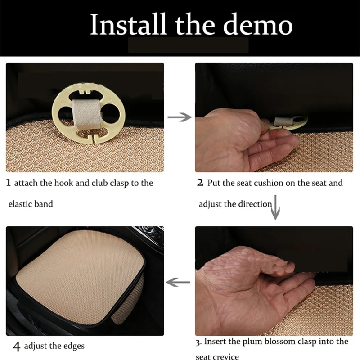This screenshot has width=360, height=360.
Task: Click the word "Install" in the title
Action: click(128, 24)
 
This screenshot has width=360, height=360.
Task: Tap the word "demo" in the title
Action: click(258, 25)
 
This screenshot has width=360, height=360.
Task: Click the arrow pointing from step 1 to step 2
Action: click(180, 117)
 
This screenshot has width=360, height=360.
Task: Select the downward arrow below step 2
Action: click(275, 207)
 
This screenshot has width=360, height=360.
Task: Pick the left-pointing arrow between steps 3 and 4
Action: click(178, 282)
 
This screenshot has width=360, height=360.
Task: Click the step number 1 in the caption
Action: click(9, 183)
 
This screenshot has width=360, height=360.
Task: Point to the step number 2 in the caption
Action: click(200, 183)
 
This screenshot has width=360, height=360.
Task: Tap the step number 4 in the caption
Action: click(17, 346)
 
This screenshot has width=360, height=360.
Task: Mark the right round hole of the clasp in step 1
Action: click(111, 113)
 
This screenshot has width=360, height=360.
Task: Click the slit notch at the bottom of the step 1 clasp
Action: click(94, 139)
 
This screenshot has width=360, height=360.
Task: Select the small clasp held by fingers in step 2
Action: click(288, 123)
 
